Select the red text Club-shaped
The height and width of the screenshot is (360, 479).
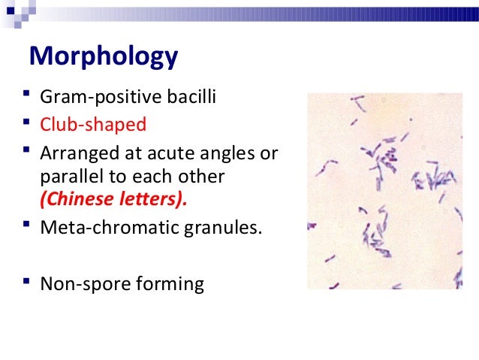click(93, 124)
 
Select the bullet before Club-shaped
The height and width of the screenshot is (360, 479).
click(26, 123)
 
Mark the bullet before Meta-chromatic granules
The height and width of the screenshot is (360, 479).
click(26, 226)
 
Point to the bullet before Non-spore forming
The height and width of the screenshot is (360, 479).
click(26, 283)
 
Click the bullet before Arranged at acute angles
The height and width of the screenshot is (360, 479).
click(26, 153)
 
